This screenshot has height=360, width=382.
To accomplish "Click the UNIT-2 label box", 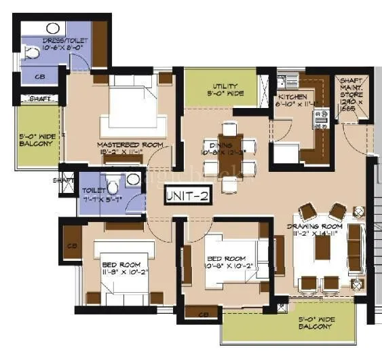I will [x=187, y=196].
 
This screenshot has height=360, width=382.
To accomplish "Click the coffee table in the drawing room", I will [x=322, y=248].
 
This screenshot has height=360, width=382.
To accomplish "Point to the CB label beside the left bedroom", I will [x=71, y=245].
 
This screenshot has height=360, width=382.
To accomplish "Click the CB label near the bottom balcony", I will [x=203, y=314].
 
